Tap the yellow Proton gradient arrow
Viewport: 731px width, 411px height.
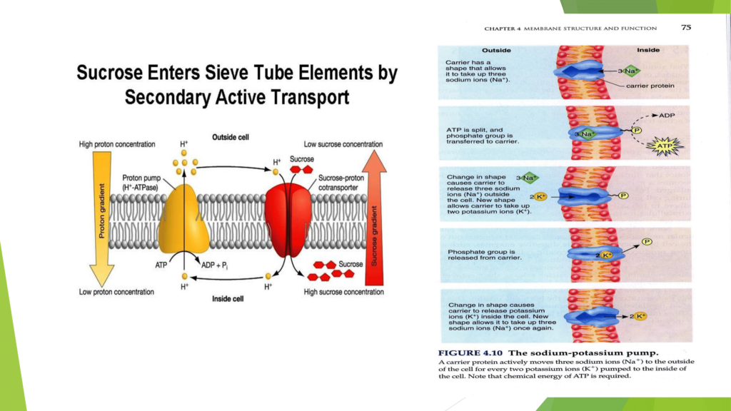[101, 214]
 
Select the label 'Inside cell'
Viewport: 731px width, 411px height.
[228, 298]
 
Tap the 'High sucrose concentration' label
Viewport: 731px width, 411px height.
[344, 292]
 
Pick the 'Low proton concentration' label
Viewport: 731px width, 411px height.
[116, 292]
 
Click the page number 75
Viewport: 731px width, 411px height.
[685, 27]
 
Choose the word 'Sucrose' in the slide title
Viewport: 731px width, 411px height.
[111, 73]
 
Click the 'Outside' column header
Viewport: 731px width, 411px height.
[496, 51]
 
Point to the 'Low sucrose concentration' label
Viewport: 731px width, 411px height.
[343, 144]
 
